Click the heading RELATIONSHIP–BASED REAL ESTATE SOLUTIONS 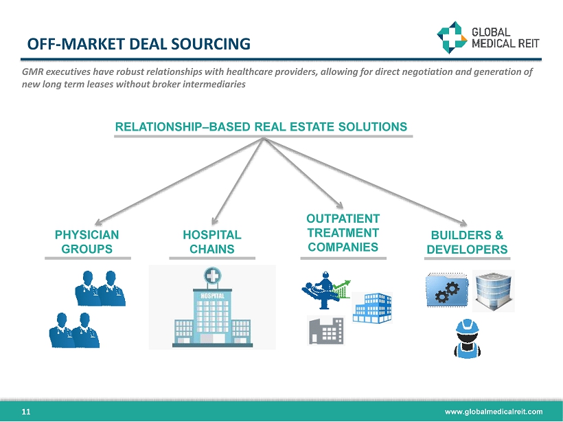pos(261,126)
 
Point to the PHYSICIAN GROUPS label pos(87,241)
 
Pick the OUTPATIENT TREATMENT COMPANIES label pos(343,232)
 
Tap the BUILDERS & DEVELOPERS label pos(467,241)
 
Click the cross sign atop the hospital pos(212,278)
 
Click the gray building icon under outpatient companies pos(325,331)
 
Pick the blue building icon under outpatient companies pos(372,307)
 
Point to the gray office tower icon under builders pos(494,290)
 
